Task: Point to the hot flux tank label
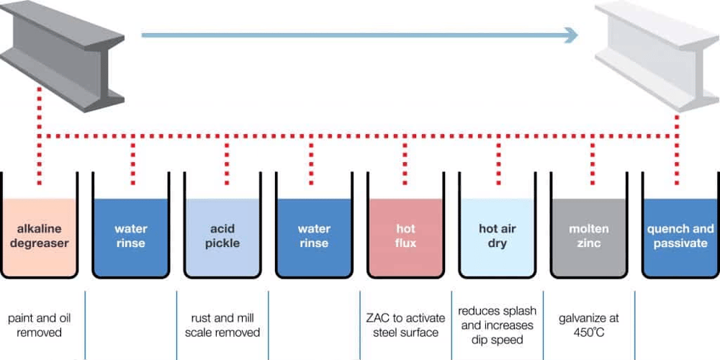click(x=405, y=236)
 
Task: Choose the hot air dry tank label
click(x=497, y=236)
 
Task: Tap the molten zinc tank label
click(x=588, y=236)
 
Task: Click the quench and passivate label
click(x=680, y=236)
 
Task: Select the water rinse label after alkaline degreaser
click(x=130, y=236)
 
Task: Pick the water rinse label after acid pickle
click(x=314, y=236)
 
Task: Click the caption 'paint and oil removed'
click(x=40, y=325)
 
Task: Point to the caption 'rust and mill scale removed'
click(x=222, y=325)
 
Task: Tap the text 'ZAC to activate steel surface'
click(x=405, y=325)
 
